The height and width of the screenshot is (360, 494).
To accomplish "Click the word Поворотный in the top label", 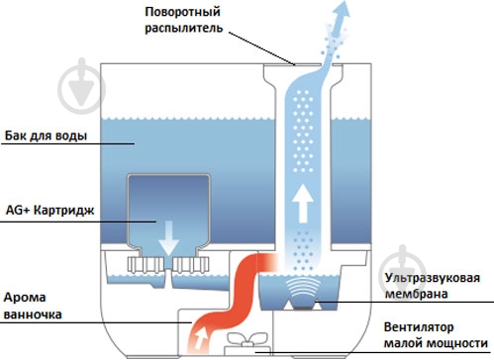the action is click(x=182, y=13).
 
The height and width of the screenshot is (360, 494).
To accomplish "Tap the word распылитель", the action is click(x=184, y=29).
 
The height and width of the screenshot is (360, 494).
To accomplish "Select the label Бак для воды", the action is click(x=46, y=135).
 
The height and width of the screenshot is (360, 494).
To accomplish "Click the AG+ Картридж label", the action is click(x=50, y=211).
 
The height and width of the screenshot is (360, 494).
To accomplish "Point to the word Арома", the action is click(x=25, y=298).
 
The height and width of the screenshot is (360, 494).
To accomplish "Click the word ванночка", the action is click(x=33, y=314).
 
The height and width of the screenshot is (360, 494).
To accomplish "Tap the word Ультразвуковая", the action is click(x=433, y=279).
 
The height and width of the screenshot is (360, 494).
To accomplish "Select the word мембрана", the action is click(x=417, y=294).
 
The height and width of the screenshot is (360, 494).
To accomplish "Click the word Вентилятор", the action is click(x=419, y=327).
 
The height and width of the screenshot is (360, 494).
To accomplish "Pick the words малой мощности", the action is click(x=436, y=343).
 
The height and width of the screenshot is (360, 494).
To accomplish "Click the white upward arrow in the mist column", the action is click(x=303, y=203).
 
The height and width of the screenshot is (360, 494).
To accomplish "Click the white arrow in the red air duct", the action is click(x=201, y=339).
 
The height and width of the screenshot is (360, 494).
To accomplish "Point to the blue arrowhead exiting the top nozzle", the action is click(x=341, y=11).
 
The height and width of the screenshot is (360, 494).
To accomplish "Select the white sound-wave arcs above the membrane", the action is click(x=303, y=288).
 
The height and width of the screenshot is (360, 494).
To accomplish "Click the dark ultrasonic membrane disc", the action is click(x=303, y=308).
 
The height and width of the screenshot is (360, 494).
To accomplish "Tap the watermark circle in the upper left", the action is click(x=81, y=86).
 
